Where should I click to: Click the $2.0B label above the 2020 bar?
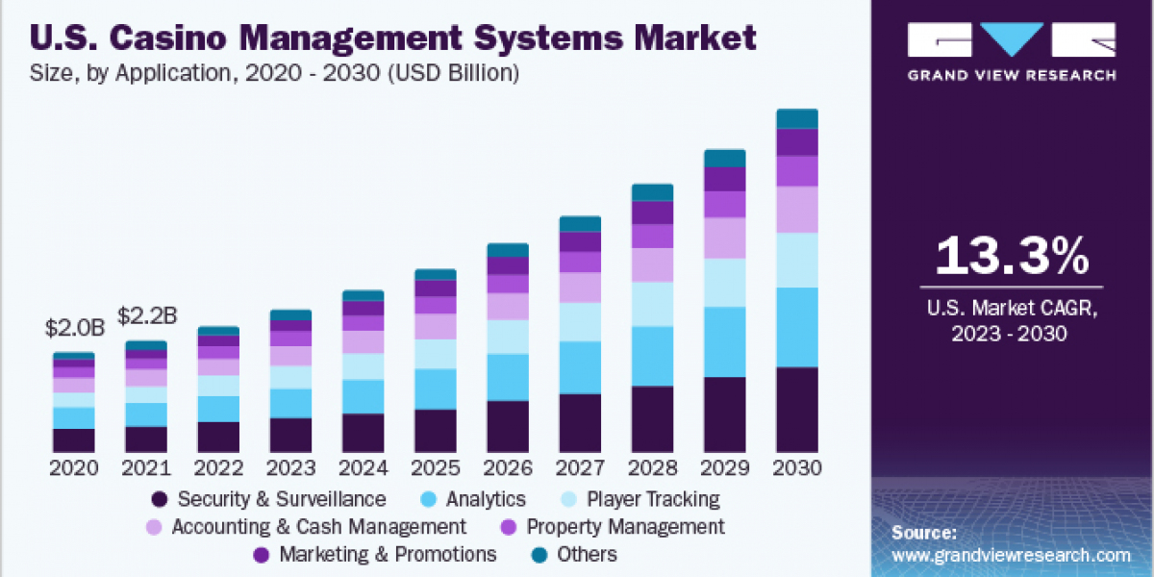(74, 327)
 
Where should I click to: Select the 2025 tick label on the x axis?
(435, 468)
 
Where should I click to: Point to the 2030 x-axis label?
(796, 468)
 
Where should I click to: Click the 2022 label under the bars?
(218, 468)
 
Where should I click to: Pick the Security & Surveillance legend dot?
(160, 499)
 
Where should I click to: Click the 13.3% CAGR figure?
(1012, 256)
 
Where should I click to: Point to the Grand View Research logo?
(1013, 48)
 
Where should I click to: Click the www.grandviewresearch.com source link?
(1011, 555)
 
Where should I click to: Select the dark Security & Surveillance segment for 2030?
(796, 409)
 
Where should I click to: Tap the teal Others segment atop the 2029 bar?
(724, 159)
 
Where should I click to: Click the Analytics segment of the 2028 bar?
(652, 356)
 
